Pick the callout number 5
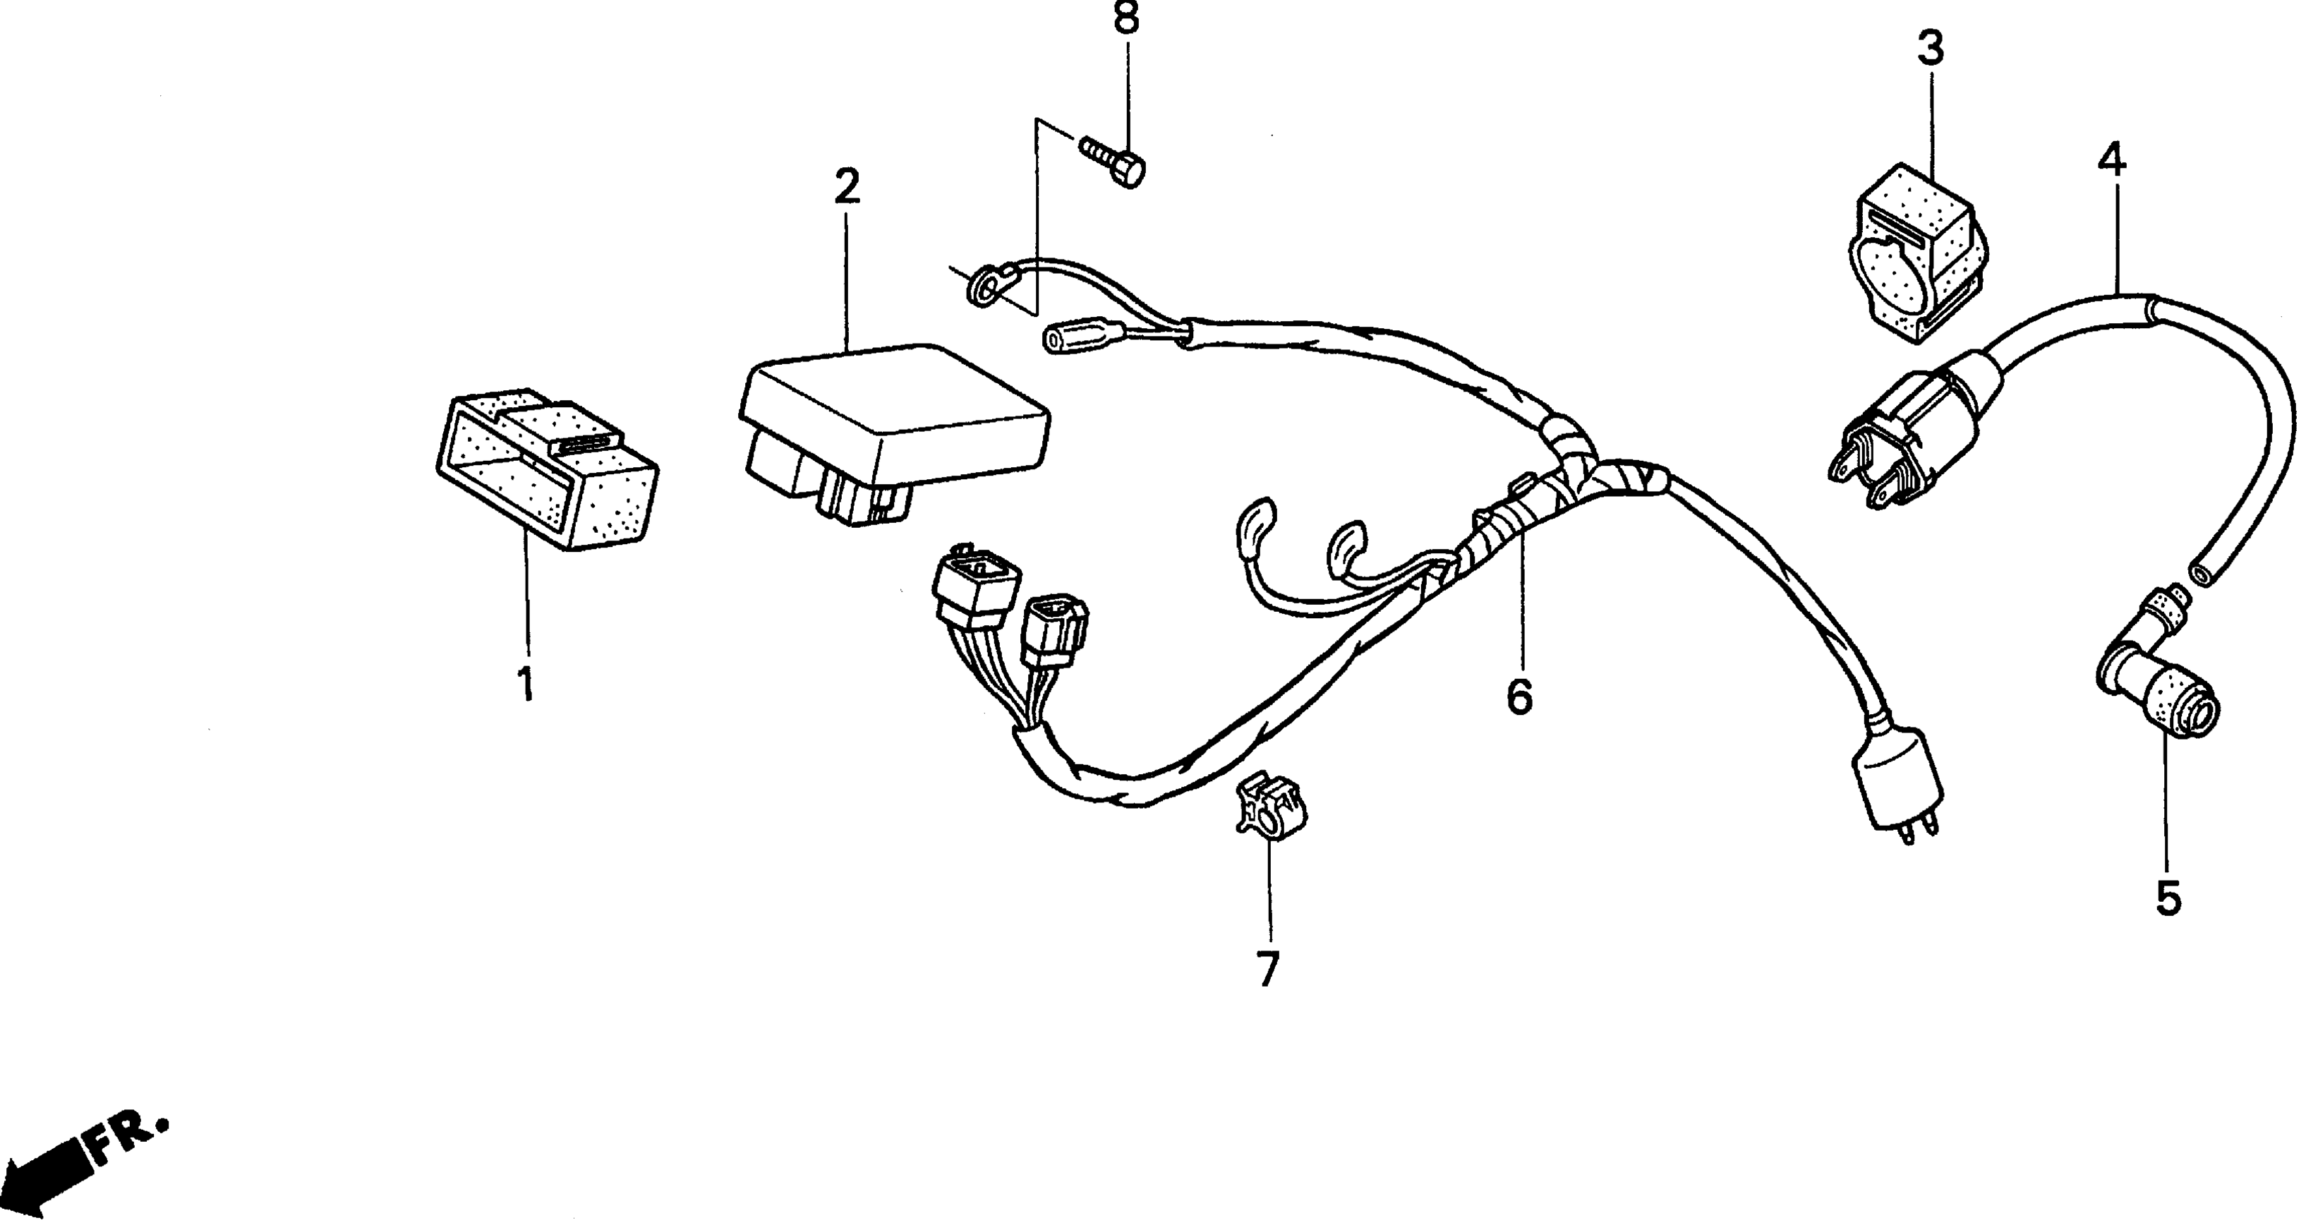2168,898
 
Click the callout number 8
1125,17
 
